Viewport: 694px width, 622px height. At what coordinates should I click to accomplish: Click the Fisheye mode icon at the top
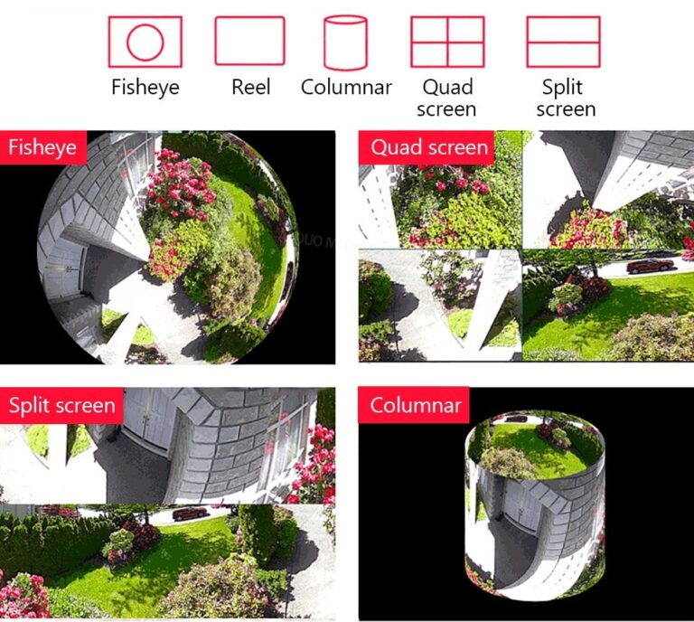(145, 42)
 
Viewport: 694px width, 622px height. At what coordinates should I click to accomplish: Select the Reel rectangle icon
(249, 42)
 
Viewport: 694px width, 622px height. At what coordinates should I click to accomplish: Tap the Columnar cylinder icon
(345, 42)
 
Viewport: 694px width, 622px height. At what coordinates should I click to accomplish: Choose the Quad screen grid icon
(447, 42)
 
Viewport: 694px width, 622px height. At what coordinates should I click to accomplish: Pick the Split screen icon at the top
(563, 42)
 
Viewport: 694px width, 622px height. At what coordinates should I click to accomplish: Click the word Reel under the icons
(250, 88)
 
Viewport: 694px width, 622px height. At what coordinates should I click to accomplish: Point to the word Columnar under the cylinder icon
(346, 88)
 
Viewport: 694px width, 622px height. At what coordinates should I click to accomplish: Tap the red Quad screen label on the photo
(428, 147)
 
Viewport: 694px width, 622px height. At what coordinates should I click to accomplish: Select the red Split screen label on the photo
(61, 405)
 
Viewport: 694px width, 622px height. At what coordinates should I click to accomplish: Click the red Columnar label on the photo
(415, 405)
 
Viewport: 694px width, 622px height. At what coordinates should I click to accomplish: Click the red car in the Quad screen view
(650, 266)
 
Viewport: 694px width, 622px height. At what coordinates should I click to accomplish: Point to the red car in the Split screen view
(190, 514)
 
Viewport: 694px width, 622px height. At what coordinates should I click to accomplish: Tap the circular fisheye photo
(168, 247)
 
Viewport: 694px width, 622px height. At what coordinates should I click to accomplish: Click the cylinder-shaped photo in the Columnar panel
(535, 505)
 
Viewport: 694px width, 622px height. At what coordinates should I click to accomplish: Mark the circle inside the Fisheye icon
(145, 42)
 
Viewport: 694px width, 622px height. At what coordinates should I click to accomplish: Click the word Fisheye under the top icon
(145, 88)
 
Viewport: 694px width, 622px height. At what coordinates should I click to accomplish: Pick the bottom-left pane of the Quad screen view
(439, 306)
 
